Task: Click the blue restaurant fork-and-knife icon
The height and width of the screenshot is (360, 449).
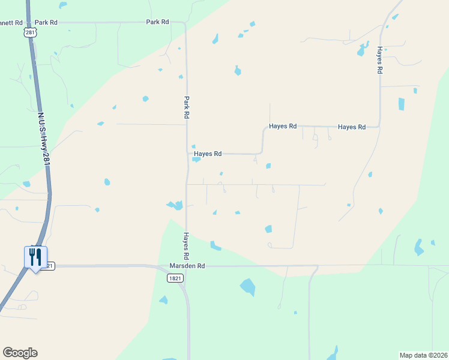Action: pos(35,257)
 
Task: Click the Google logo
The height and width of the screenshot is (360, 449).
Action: pos(20,353)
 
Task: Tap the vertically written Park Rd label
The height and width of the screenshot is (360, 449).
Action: pos(187,107)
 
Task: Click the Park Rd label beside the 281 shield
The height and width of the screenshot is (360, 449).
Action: pos(46,22)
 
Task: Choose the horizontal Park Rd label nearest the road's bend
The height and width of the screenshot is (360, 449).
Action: pos(158,22)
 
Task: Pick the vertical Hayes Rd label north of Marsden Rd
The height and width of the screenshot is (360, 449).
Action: pos(187,241)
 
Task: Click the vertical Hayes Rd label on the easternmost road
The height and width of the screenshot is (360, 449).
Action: pos(380,60)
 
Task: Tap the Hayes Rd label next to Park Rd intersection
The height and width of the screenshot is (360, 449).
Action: pos(208,154)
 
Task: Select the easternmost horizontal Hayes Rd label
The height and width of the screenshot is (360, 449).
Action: pos(352,127)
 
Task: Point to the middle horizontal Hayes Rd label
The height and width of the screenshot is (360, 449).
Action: pos(283,127)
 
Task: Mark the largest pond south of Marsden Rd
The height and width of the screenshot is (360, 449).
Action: pos(248,287)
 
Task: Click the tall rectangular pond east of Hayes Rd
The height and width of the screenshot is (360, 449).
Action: pos(402,103)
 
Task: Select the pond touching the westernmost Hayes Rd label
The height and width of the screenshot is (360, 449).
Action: pos(196,160)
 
